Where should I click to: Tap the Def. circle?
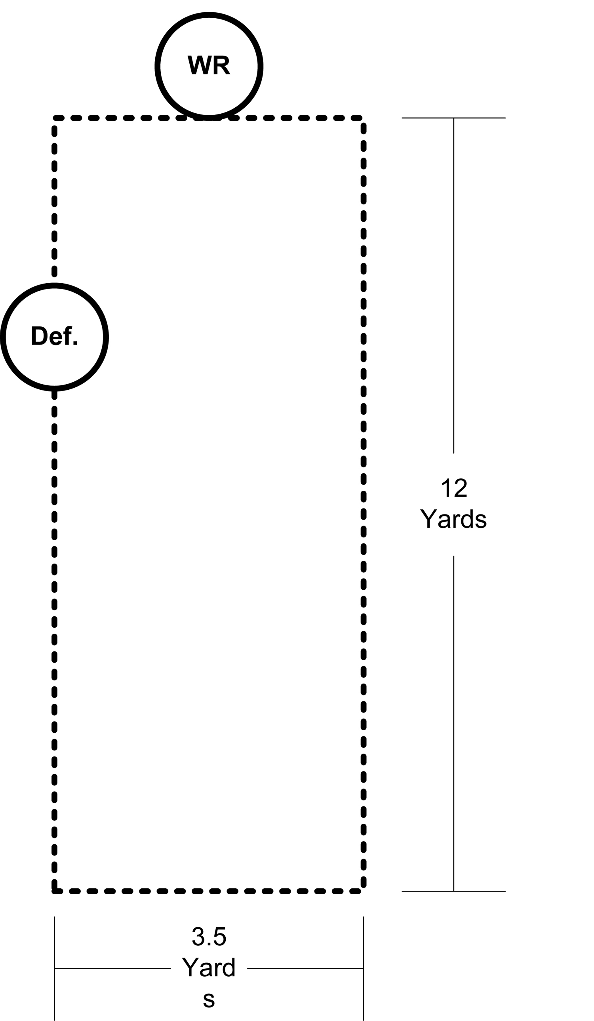54,369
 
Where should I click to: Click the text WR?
209,65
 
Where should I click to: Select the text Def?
54,336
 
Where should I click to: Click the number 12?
454,488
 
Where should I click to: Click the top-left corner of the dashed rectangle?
55,118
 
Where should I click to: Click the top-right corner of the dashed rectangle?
363,118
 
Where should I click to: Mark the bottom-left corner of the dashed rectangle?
55,891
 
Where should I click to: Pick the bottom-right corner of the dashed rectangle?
363,891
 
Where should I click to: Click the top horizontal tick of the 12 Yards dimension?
453,118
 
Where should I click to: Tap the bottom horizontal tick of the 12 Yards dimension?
453,891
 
